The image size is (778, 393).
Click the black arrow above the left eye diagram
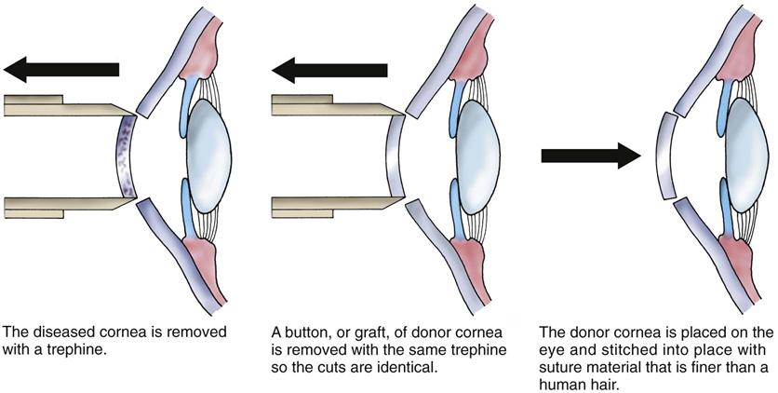60,68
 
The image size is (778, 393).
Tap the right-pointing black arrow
590,155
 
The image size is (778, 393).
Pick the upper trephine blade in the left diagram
56,105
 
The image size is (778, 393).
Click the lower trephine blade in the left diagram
56,206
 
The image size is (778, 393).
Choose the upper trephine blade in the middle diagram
326,105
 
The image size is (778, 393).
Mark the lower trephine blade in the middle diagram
326,206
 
